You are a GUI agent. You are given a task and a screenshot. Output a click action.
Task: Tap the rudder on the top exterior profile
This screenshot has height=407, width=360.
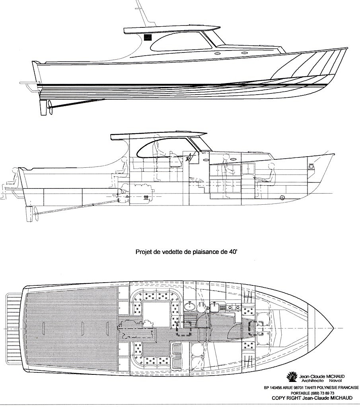(43, 107)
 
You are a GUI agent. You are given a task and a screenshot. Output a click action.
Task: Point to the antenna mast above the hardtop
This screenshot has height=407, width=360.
(143, 13)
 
